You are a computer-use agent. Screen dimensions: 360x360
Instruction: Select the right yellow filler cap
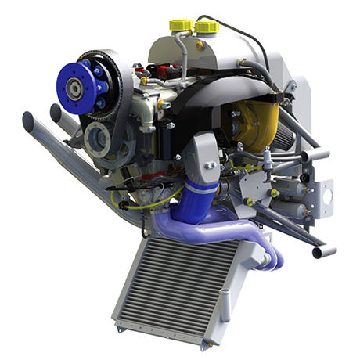pos(206,27)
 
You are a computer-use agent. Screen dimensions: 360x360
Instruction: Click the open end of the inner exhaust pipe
pos(56,112)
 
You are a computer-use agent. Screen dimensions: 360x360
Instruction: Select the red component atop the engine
pos(163,73)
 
